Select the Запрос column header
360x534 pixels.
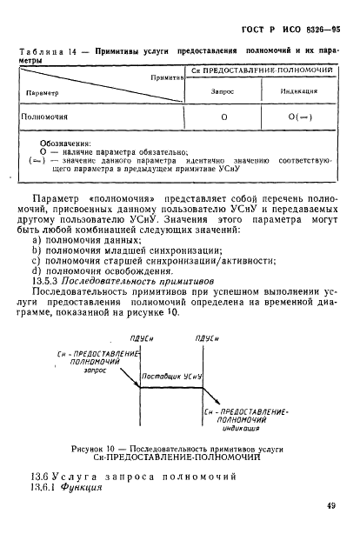(223, 90)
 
